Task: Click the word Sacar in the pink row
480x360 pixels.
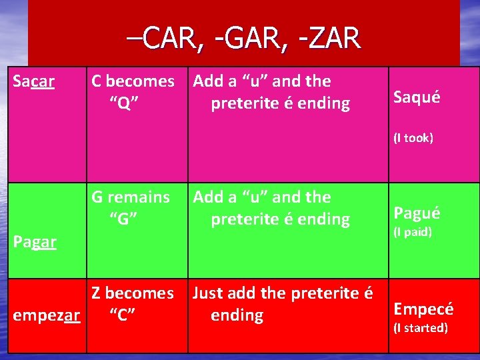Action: coord(34,82)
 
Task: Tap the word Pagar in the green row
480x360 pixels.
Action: coord(35,242)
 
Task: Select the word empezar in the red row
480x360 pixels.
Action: coord(47,315)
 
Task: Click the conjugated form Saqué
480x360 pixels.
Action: coord(417,97)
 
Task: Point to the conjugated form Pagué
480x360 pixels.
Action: coord(417,213)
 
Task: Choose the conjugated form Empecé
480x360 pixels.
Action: coord(423,309)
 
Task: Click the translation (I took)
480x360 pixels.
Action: coord(413,138)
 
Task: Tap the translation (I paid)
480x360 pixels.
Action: coord(412,232)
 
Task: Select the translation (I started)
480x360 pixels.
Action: coord(420,328)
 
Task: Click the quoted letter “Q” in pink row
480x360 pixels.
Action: coord(123,103)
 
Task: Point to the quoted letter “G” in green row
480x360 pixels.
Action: coord(123,219)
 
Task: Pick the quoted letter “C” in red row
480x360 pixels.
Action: coord(123,315)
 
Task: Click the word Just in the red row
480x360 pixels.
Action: coord(209,293)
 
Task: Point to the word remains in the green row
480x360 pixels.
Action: coord(139,197)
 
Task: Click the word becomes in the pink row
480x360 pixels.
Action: coord(140,81)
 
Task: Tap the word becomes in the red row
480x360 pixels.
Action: coord(140,293)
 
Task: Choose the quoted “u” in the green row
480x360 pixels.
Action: coord(255,197)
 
